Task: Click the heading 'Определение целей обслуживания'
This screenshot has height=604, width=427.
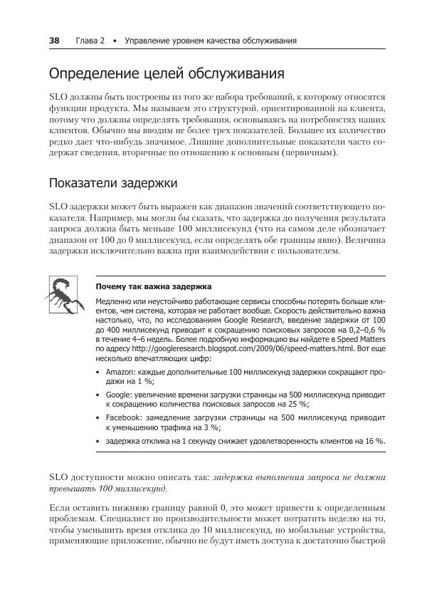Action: click(x=167, y=74)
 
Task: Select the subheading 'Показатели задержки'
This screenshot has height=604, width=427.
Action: click(x=112, y=183)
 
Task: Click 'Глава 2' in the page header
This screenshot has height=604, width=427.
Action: click(x=90, y=41)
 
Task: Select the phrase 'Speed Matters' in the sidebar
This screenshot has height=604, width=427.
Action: click(x=362, y=339)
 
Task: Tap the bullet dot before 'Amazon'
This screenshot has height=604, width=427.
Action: click(x=97, y=373)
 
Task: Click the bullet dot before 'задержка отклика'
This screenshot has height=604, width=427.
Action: click(x=97, y=442)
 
